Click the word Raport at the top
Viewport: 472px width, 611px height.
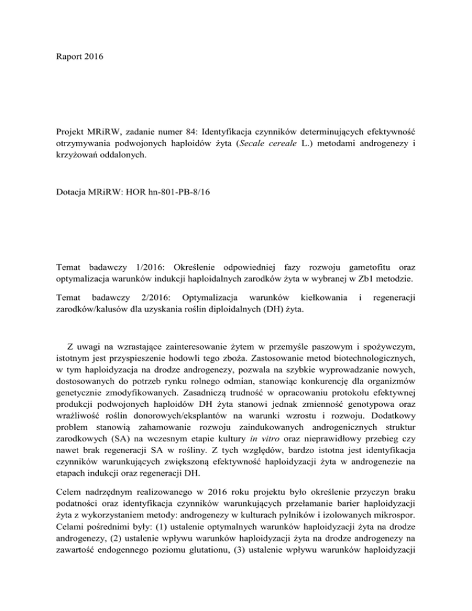point(65,45)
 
